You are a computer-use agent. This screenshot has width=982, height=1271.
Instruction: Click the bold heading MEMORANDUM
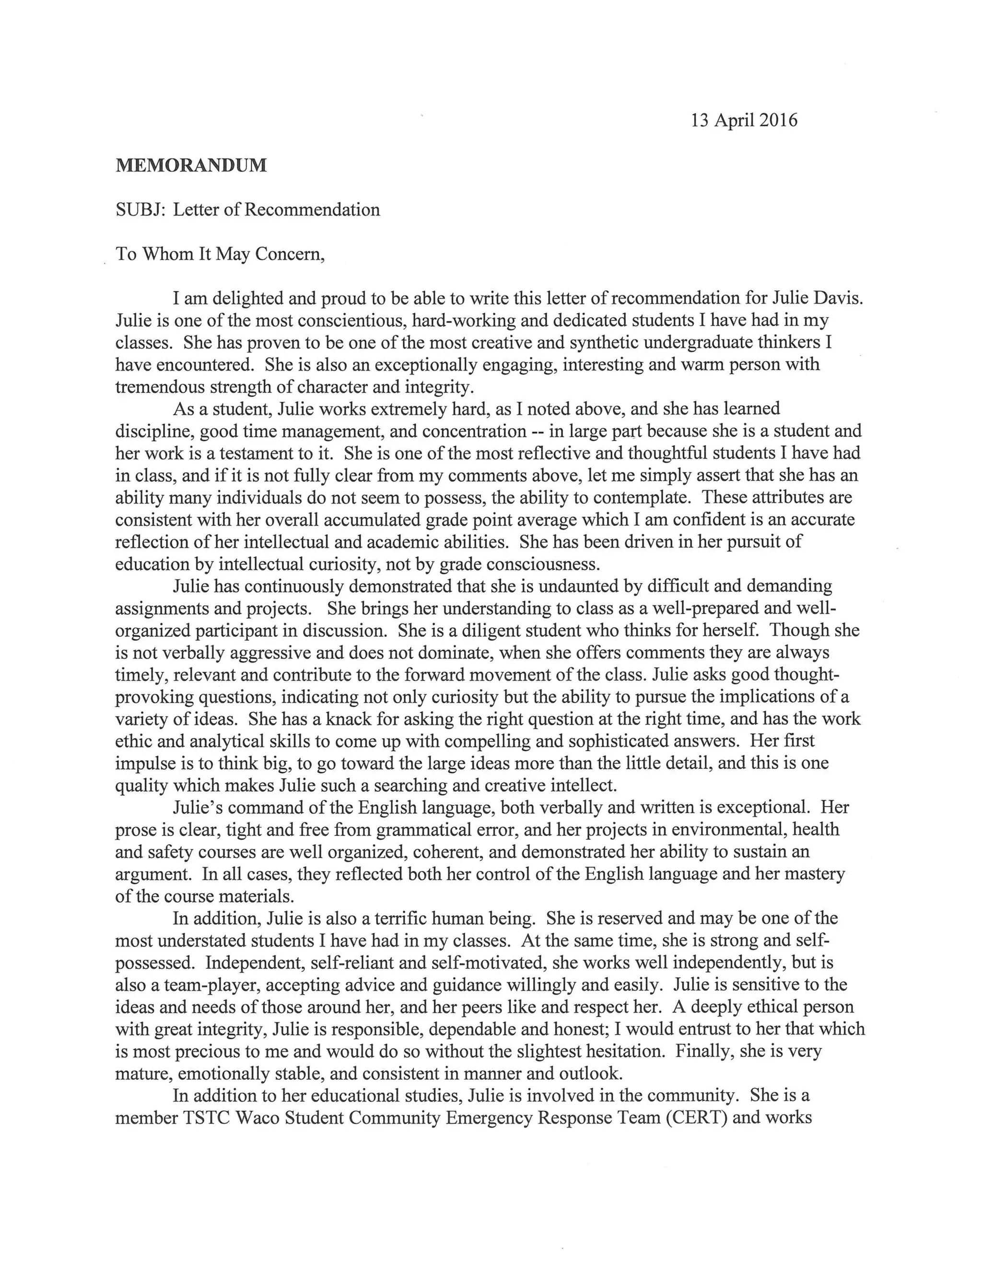coord(191,165)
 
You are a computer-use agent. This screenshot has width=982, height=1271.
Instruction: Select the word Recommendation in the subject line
coord(312,210)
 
